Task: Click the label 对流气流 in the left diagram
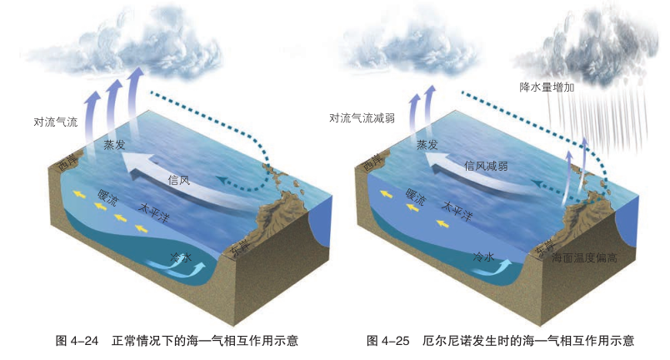55,122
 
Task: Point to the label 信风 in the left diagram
180,179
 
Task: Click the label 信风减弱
486,165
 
